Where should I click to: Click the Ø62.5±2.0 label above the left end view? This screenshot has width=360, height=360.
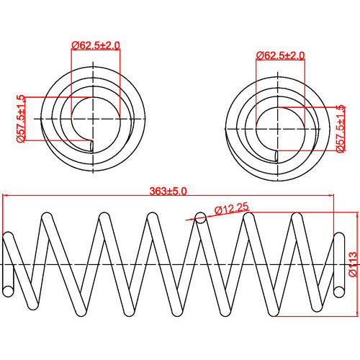tap(96, 45)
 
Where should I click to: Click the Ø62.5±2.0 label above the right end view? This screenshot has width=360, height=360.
tap(281, 55)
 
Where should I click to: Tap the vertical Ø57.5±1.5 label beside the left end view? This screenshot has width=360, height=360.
tap(21, 119)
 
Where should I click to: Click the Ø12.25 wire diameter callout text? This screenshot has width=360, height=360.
tap(232, 209)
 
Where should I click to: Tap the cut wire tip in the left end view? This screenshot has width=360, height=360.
tap(91, 145)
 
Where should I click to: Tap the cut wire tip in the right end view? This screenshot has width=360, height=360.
tap(276, 156)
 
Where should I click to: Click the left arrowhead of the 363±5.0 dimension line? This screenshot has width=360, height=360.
tap(6, 196)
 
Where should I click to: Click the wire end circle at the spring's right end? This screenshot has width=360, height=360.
tap(340, 289)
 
